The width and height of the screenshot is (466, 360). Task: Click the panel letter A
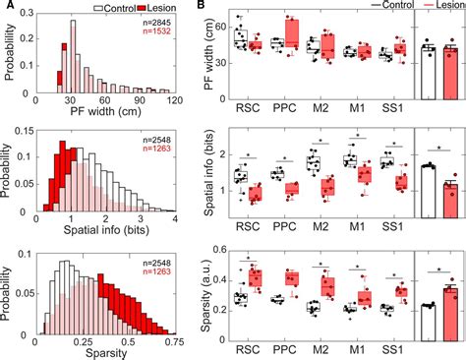(x=7, y=8)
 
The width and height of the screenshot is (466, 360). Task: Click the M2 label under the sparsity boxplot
(x=320, y=349)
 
